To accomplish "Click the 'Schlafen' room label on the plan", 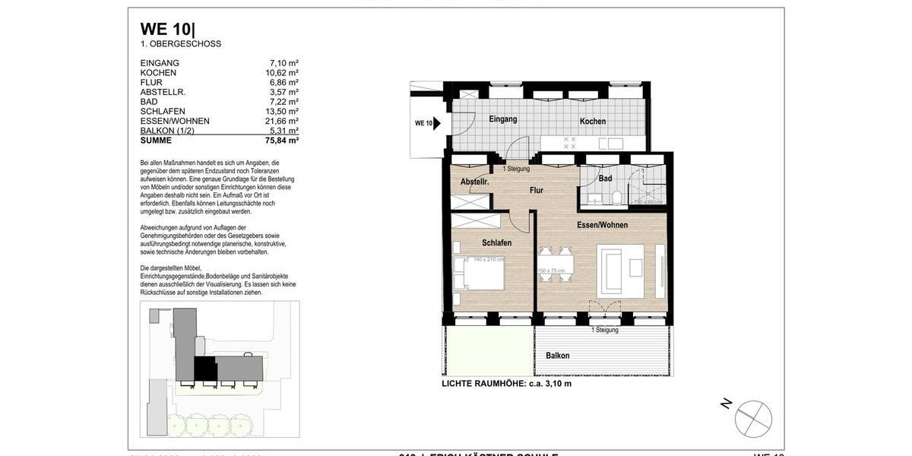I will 496,242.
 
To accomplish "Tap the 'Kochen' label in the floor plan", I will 593,122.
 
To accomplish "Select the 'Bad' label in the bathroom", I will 605,179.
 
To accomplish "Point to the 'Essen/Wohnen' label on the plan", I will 602,225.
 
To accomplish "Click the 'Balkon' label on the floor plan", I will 557,356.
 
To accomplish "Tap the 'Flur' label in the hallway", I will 537,191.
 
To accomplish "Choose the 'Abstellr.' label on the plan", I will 474,182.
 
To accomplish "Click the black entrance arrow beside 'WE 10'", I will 437,122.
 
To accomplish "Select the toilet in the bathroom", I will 619,198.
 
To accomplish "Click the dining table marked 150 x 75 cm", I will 556,265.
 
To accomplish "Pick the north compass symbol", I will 752,419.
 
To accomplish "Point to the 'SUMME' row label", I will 156,141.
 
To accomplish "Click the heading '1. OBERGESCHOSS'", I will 181,44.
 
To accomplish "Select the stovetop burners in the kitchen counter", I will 569,143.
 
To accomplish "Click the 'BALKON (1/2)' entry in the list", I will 167,131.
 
